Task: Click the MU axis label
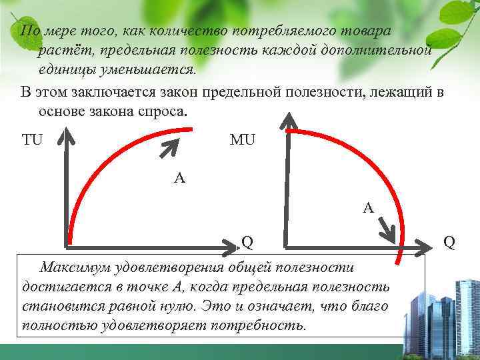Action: tap(242, 140)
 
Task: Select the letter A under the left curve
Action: tap(179, 178)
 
